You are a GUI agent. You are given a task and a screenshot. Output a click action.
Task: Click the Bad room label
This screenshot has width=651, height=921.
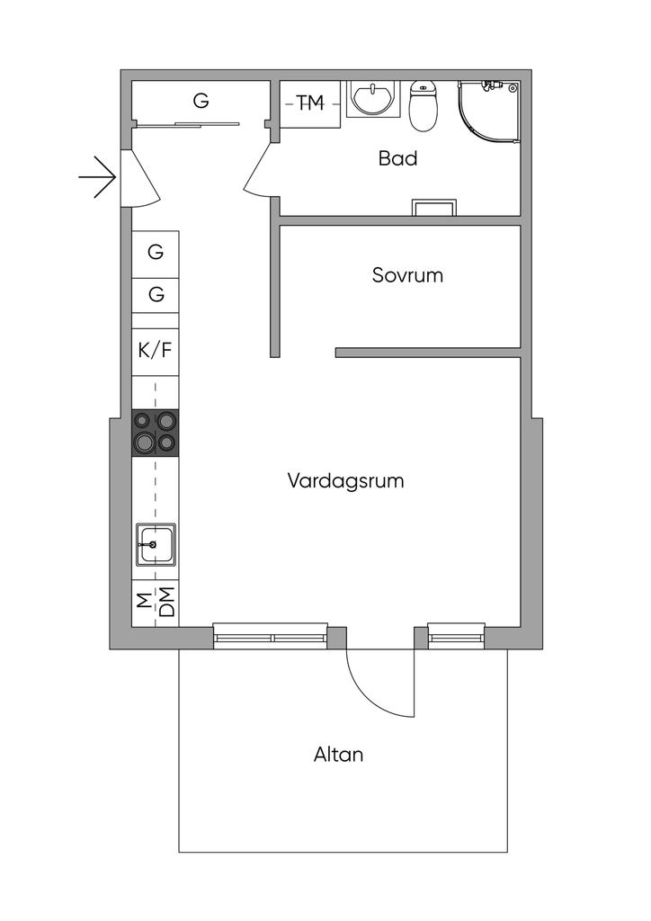(397, 159)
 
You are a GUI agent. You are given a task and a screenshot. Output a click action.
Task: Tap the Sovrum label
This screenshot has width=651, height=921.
(407, 275)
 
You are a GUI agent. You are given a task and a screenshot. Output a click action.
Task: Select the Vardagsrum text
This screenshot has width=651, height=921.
(345, 480)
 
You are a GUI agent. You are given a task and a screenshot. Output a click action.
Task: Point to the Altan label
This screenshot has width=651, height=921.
(338, 755)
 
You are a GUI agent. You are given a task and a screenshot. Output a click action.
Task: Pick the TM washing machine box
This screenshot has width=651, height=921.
(310, 104)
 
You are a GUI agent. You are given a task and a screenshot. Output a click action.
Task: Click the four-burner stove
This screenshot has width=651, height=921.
(155, 433)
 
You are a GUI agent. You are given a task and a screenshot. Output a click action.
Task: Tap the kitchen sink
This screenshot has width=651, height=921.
(155, 544)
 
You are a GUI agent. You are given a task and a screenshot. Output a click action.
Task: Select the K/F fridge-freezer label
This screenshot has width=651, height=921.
(155, 350)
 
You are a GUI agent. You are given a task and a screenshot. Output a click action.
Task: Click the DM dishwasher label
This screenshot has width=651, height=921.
(166, 600)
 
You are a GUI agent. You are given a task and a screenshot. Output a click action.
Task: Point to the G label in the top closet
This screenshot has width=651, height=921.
(201, 101)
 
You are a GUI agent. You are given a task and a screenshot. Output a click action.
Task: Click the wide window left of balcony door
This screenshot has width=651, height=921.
(270, 637)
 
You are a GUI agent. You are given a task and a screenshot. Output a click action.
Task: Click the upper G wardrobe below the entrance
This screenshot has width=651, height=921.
(156, 253)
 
